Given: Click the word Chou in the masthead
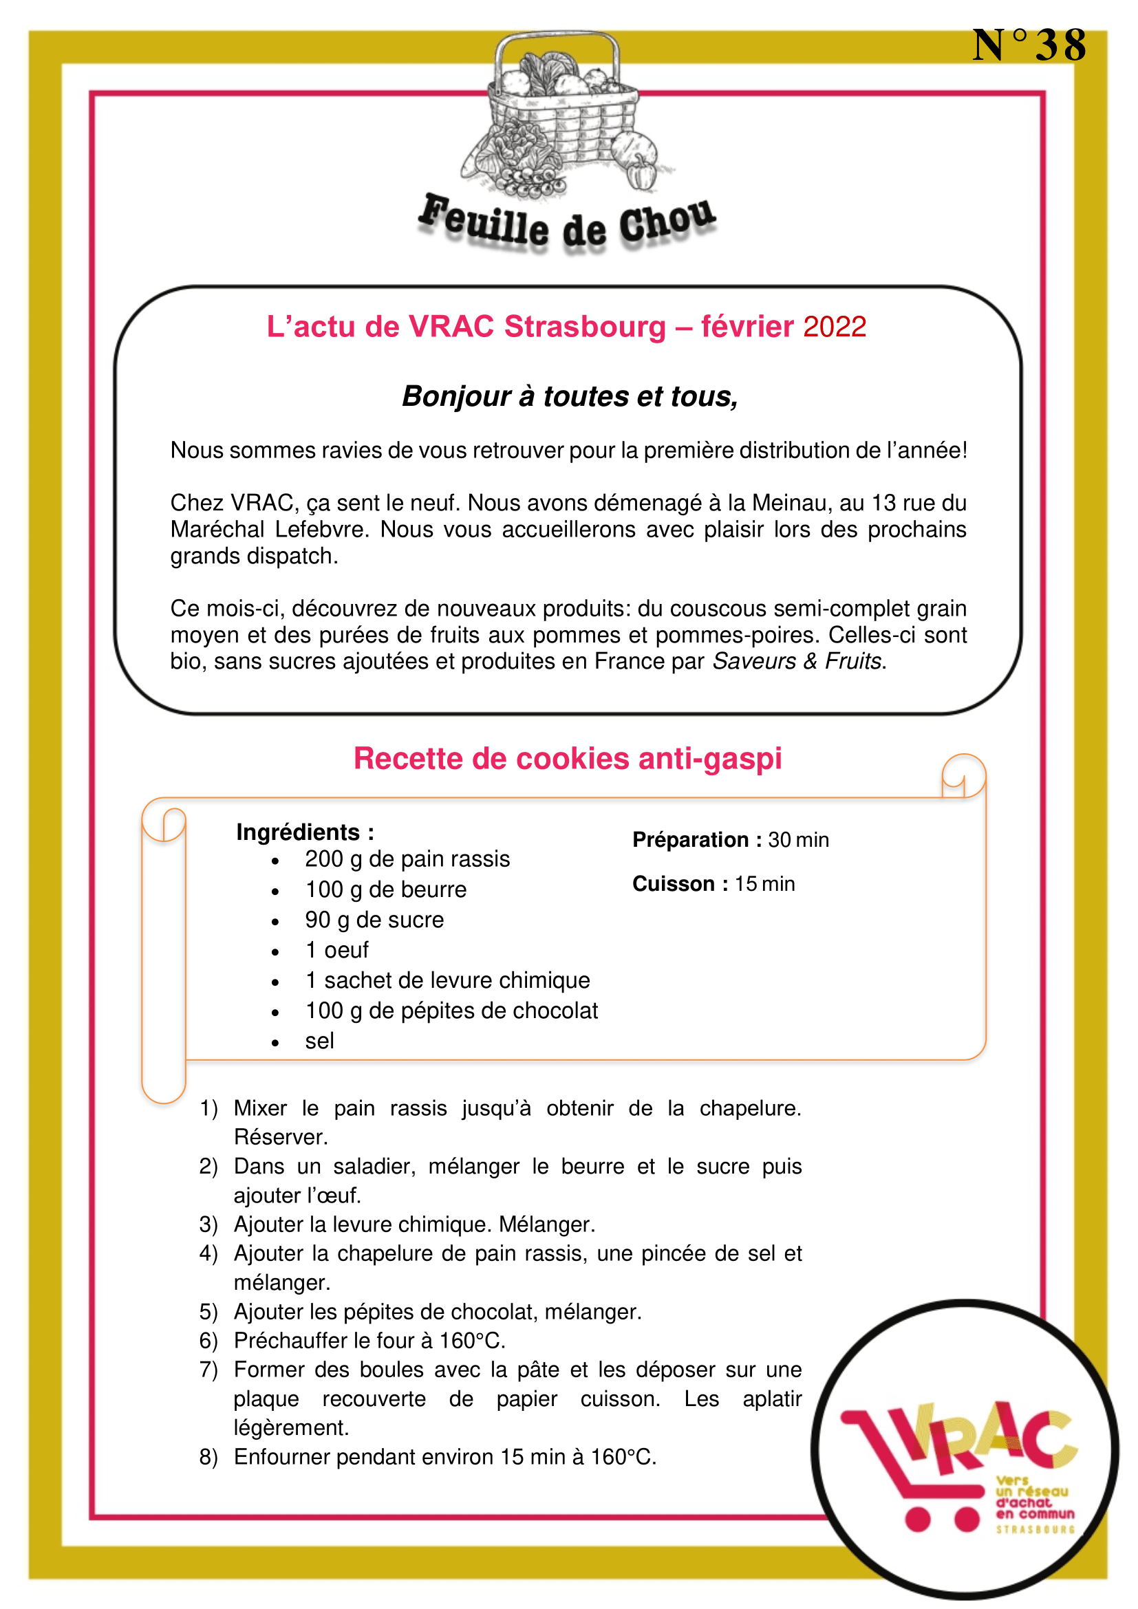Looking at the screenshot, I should tap(667, 222).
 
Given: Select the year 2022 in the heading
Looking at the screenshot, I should tap(835, 327).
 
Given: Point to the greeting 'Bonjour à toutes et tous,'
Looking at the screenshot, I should tap(570, 397).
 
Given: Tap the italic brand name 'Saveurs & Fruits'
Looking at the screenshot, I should tap(797, 661).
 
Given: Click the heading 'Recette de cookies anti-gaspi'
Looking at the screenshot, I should tap(568, 758).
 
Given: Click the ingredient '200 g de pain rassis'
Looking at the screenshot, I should tap(407, 859).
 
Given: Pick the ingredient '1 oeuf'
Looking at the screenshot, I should tap(336, 950).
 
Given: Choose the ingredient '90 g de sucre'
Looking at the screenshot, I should tap(374, 920).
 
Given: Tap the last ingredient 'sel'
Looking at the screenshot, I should tap(319, 1041).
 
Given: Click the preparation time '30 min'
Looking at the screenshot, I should tap(798, 839).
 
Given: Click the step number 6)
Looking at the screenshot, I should tap(209, 1341).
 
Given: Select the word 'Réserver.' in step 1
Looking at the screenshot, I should tap(280, 1136).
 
